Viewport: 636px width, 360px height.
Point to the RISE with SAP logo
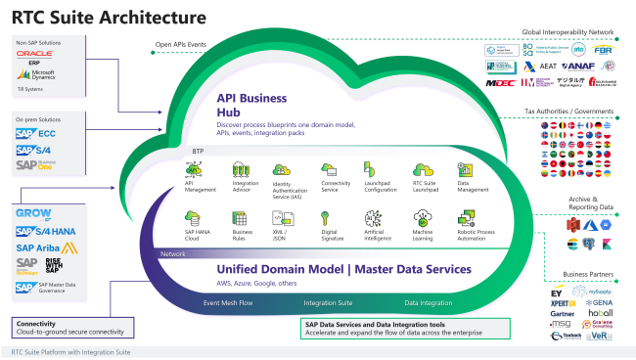tap(29, 267)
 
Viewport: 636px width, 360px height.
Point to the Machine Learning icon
tap(423, 220)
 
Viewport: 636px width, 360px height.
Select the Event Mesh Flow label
tap(228, 304)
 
